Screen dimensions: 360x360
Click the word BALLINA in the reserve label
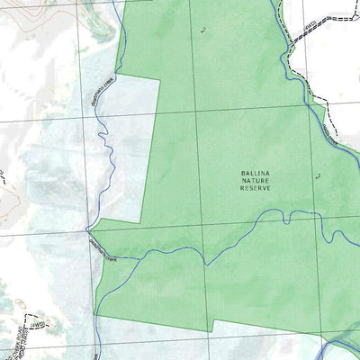pos(256,172)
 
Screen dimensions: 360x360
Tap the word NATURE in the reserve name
pos(256,179)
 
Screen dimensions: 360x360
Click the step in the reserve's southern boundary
pos(212,326)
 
